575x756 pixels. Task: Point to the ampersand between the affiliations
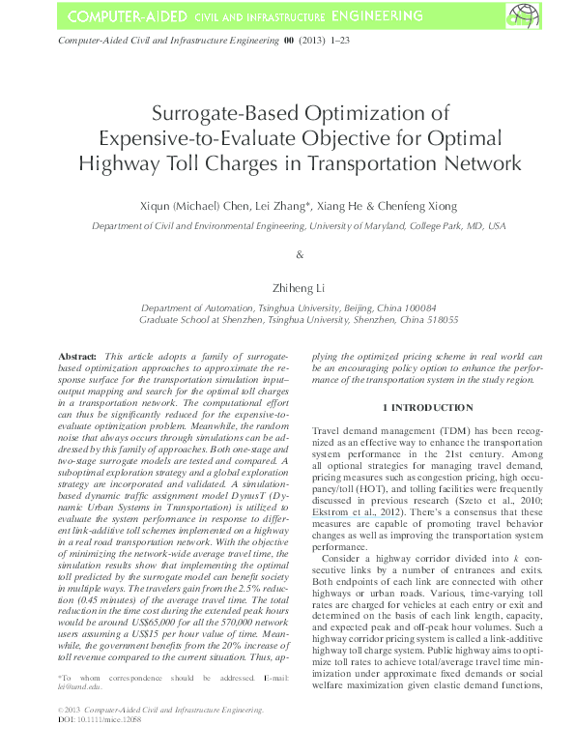299,255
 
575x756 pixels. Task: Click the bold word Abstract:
77,356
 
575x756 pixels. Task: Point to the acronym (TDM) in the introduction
445,428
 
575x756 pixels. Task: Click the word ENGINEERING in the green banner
371,16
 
